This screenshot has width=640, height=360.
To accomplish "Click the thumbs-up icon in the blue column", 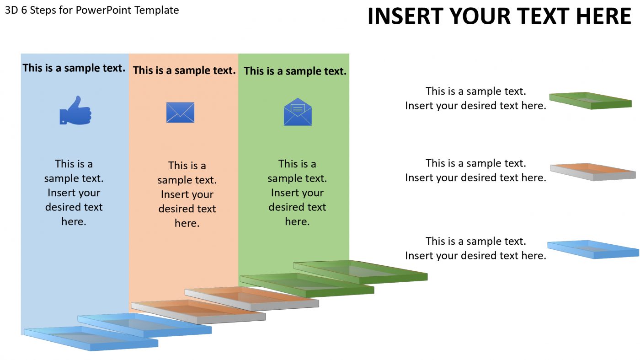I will (75, 110).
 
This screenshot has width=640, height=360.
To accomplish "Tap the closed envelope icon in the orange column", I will (180, 112).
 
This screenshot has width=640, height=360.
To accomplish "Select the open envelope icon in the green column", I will (298, 112).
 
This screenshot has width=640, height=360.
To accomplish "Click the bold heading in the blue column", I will (74, 68).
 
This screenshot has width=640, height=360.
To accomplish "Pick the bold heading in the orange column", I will (184, 70).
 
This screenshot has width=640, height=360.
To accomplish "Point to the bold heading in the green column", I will (295, 71).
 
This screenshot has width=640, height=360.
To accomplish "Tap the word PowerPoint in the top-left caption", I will (104, 10).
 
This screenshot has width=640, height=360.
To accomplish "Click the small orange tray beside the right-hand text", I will (593, 172).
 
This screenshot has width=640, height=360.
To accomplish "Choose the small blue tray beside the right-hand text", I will (593, 249).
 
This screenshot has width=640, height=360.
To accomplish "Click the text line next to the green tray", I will (475, 98).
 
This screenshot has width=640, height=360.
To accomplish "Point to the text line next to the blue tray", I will (475, 248).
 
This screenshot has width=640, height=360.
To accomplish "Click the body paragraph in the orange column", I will (187, 194).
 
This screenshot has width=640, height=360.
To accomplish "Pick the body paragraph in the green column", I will (297, 193).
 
